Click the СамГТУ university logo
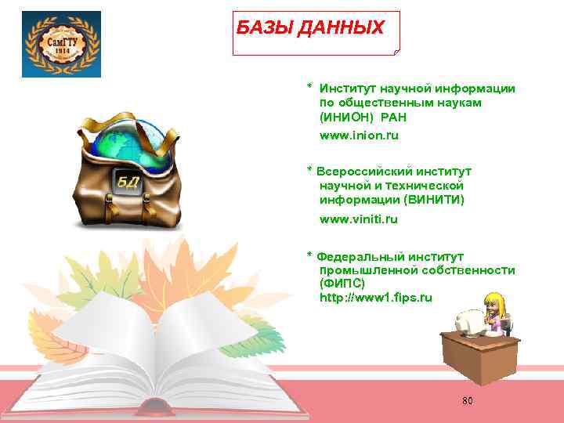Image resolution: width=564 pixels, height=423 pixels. [x=62, y=44]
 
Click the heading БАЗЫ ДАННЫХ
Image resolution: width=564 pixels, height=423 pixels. [x=310, y=29]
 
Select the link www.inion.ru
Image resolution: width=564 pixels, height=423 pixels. [x=359, y=136]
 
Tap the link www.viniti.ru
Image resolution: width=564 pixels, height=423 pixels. [x=359, y=219]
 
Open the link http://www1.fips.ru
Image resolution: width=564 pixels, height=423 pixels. [x=375, y=298]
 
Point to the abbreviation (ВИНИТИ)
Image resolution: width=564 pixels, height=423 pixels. [x=430, y=200]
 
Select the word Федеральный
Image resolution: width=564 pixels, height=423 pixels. [x=363, y=256]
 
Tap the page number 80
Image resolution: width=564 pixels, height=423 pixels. [x=468, y=401]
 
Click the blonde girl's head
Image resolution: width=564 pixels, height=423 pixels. [x=495, y=301]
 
